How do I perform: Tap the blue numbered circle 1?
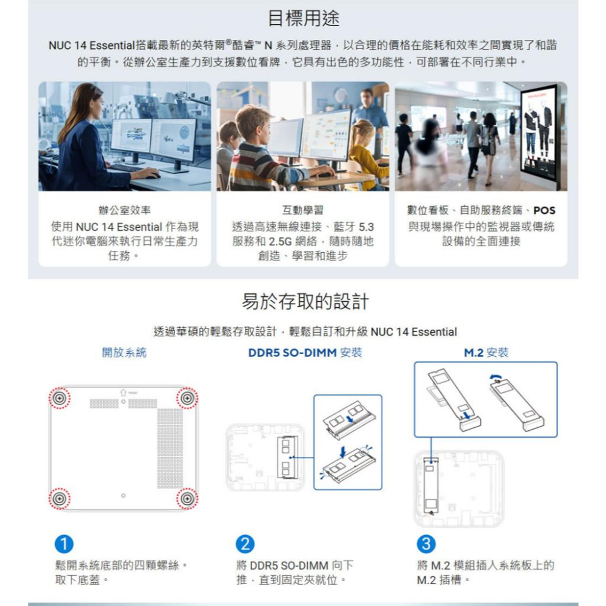64,544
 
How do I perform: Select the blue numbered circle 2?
245,544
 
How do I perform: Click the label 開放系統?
124,353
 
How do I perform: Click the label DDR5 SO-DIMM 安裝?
305,353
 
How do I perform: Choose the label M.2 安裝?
486,353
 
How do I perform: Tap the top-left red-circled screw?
59,398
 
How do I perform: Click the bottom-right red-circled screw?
187,498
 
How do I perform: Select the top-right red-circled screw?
187,398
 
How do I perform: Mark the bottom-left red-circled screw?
59,498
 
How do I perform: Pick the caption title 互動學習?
303,210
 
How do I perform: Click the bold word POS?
544,210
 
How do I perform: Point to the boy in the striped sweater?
258,151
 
